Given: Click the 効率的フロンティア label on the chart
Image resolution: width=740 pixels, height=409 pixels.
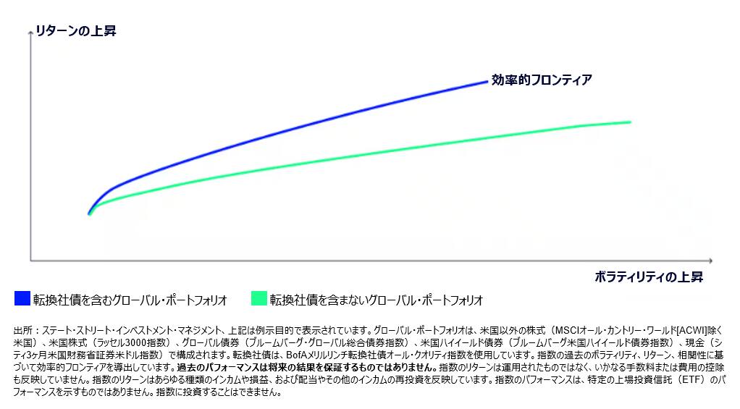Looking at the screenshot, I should point(541,80).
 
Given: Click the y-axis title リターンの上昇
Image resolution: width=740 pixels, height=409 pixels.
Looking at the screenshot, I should point(76,31).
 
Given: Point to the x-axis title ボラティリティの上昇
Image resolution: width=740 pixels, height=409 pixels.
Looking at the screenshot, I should point(649,277).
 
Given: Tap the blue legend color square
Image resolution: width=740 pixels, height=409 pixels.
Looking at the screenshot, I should point(22,298).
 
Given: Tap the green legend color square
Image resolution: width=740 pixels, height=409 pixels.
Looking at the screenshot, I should point(258,298).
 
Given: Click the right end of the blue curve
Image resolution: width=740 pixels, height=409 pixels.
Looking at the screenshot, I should point(487,81).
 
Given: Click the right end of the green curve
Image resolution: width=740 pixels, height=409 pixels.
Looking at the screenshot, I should point(630,122).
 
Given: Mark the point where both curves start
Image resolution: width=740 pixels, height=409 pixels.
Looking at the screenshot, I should point(89,214).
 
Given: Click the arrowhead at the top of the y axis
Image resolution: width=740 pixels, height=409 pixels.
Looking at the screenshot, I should point(30,33).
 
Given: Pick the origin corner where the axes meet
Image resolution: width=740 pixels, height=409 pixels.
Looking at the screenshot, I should point(30,260).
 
